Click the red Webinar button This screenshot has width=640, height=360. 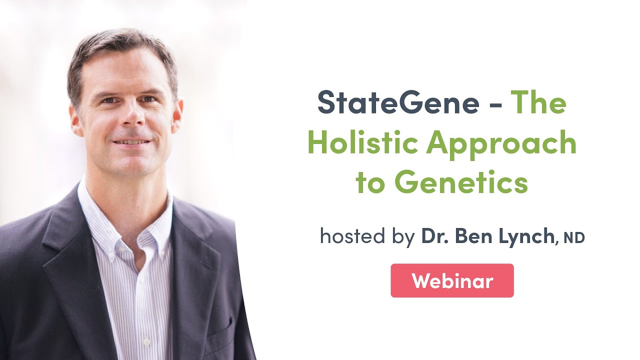tap(452, 281)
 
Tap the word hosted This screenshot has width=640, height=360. tap(350, 236)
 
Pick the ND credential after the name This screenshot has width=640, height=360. tap(574, 238)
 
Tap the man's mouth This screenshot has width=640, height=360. tap(131, 142)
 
